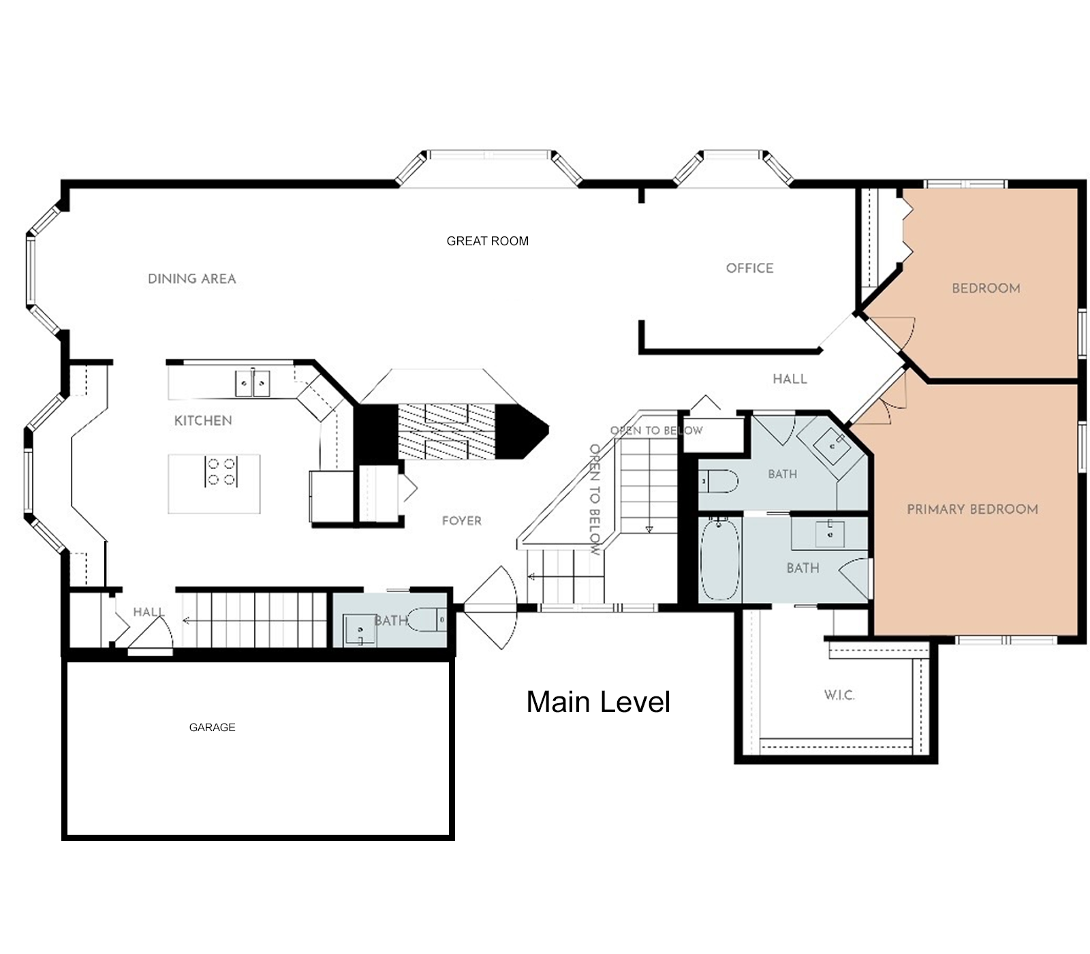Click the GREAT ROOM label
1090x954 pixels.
click(487, 241)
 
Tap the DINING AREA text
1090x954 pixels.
click(192, 279)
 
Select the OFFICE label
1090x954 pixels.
click(749, 268)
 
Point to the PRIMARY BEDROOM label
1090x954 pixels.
click(972, 509)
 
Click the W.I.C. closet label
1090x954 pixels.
click(839, 695)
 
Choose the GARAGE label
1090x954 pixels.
click(212, 727)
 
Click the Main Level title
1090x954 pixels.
click(598, 702)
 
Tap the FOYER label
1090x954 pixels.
click(461, 521)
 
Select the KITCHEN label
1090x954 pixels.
click(203, 420)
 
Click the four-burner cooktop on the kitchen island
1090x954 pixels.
click(221, 472)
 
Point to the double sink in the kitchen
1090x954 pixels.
click(253, 383)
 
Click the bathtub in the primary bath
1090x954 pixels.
click(720, 559)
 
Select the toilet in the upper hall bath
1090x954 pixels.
click(718, 482)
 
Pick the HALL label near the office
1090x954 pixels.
click(790, 379)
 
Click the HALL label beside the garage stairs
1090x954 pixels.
click(149, 612)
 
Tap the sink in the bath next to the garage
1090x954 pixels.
click(359, 630)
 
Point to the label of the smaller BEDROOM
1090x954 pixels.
click(986, 288)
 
